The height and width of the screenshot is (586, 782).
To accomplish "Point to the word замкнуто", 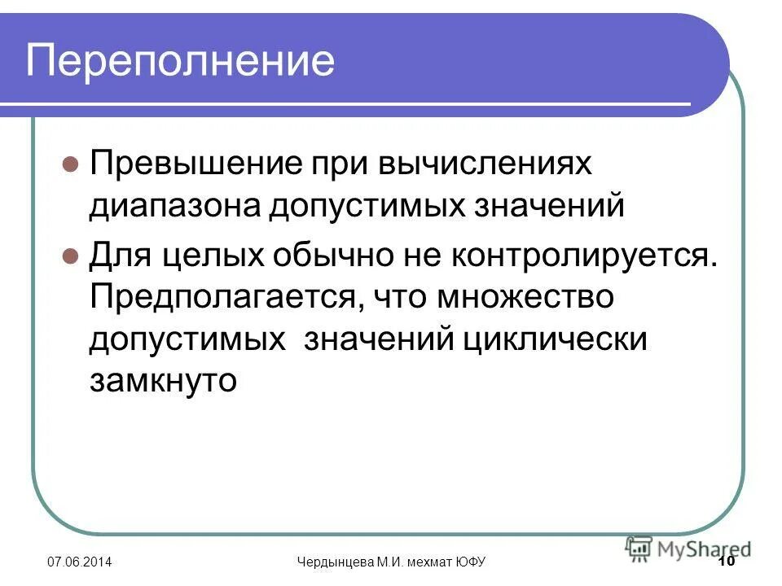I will coord(162,380).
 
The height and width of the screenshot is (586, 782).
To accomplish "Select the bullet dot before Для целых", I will coord(71,256).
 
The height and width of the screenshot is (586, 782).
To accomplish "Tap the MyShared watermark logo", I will coord(688,548).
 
